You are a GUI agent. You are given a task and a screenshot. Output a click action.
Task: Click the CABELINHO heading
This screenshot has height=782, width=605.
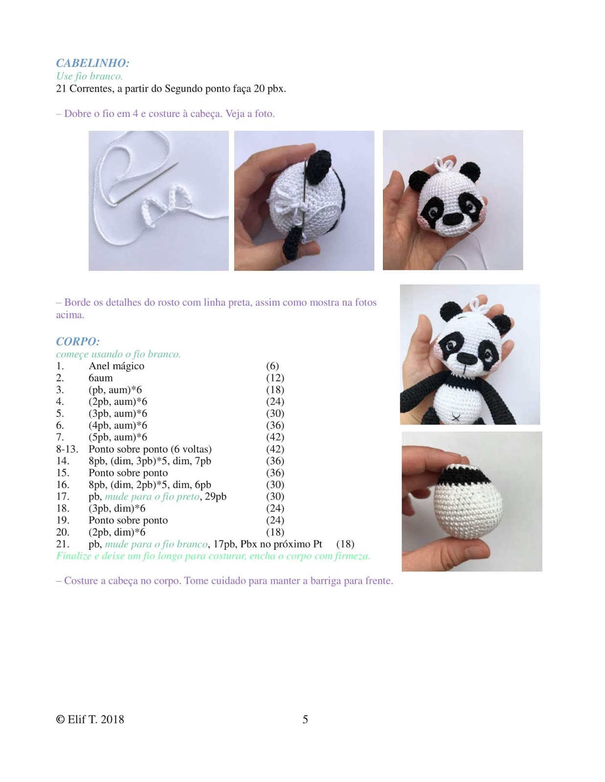click(x=92, y=63)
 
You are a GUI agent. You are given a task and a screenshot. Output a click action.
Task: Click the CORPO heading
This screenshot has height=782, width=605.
click(x=78, y=341)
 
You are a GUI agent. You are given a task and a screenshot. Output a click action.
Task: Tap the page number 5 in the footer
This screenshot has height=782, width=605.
click(x=305, y=719)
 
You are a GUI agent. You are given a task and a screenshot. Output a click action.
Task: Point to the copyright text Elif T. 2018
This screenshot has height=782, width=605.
click(x=90, y=719)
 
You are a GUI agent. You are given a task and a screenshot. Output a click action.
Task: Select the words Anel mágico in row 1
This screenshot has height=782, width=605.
click(x=116, y=366)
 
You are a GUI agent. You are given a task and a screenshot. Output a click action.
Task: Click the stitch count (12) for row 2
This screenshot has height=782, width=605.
click(x=275, y=378)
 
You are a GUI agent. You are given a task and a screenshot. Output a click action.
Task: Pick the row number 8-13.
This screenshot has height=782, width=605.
click(x=67, y=449)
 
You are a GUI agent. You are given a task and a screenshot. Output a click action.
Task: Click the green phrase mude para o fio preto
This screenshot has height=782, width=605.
click(x=152, y=497)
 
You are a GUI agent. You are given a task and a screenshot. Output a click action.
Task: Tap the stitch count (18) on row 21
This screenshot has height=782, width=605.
click(x=345, y=544)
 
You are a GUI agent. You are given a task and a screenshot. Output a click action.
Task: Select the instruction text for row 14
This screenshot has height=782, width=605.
click(x=150, y=461)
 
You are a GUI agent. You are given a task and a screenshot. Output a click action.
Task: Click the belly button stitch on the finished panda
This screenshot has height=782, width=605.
click(x=456, y=417)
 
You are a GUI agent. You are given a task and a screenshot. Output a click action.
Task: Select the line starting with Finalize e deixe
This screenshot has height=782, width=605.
click(x=213, y=556)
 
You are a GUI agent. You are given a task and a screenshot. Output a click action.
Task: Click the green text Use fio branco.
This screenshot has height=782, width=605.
click(x=90, y=76)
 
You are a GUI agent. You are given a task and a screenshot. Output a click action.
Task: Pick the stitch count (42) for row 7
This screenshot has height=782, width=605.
click(x=275, y=437)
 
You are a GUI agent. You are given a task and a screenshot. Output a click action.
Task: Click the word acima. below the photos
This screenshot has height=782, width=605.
click(x=70, y=315)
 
